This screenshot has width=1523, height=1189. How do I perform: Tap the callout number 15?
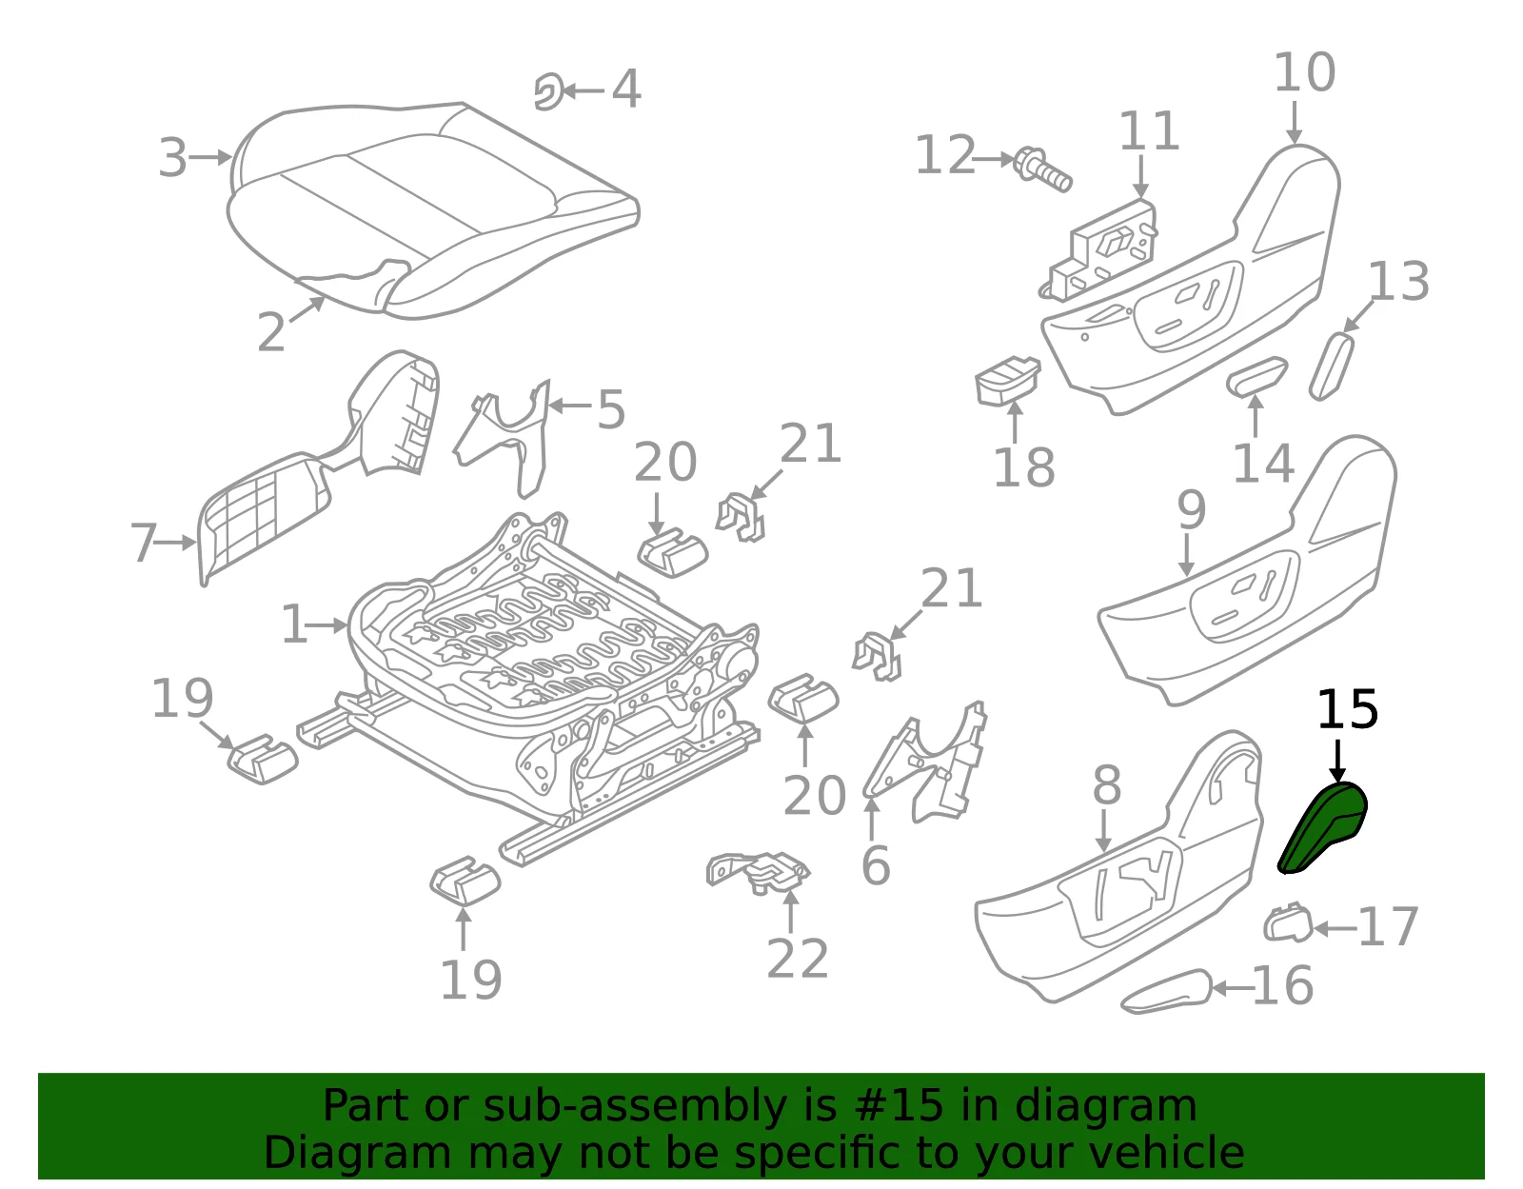click(x=1348, y=710)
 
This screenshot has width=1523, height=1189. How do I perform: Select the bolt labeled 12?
click(x=1043, y=169)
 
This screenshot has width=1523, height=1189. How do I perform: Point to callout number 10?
click(x=1304, y=72)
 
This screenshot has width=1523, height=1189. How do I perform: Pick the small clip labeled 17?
click(x=1288, y=922)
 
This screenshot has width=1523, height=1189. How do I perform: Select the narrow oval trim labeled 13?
click(x=1332, y=367)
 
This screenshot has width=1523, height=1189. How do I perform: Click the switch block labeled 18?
click(x=1007, y=383)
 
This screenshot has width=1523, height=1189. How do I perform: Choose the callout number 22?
click(x=798, y=959)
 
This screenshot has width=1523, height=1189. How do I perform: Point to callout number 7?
click(x=144, y=543)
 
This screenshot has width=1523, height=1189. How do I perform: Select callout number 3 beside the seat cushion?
click(x=172, y=158)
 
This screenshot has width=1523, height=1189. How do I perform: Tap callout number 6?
click(x=876, y=865)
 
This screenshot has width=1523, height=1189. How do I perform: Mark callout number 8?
click(x=1107, y=784)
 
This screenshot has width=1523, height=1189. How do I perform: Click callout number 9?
click(x=1192, y=510)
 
